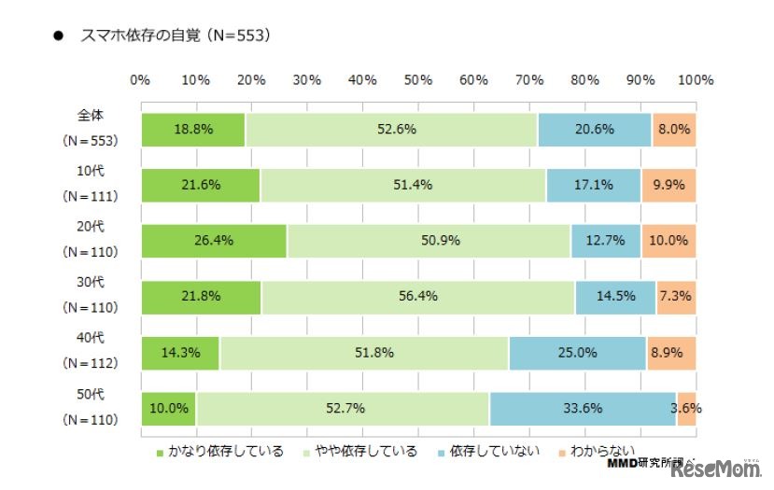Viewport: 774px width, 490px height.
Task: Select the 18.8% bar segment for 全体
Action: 192,130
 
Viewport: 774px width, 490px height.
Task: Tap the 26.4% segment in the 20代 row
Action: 213,241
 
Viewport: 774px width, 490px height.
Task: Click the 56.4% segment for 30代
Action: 417,297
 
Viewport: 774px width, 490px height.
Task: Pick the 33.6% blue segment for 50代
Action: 583,408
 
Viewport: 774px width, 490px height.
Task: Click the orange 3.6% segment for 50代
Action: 686,408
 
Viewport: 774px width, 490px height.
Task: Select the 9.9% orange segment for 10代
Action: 668,185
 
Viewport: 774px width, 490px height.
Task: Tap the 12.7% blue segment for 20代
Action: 605,241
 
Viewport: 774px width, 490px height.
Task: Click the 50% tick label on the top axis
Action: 418,80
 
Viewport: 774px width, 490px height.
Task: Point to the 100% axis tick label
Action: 695,80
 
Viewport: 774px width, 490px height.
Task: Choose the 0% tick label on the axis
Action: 140,80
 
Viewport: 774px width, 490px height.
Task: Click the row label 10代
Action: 90,171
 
